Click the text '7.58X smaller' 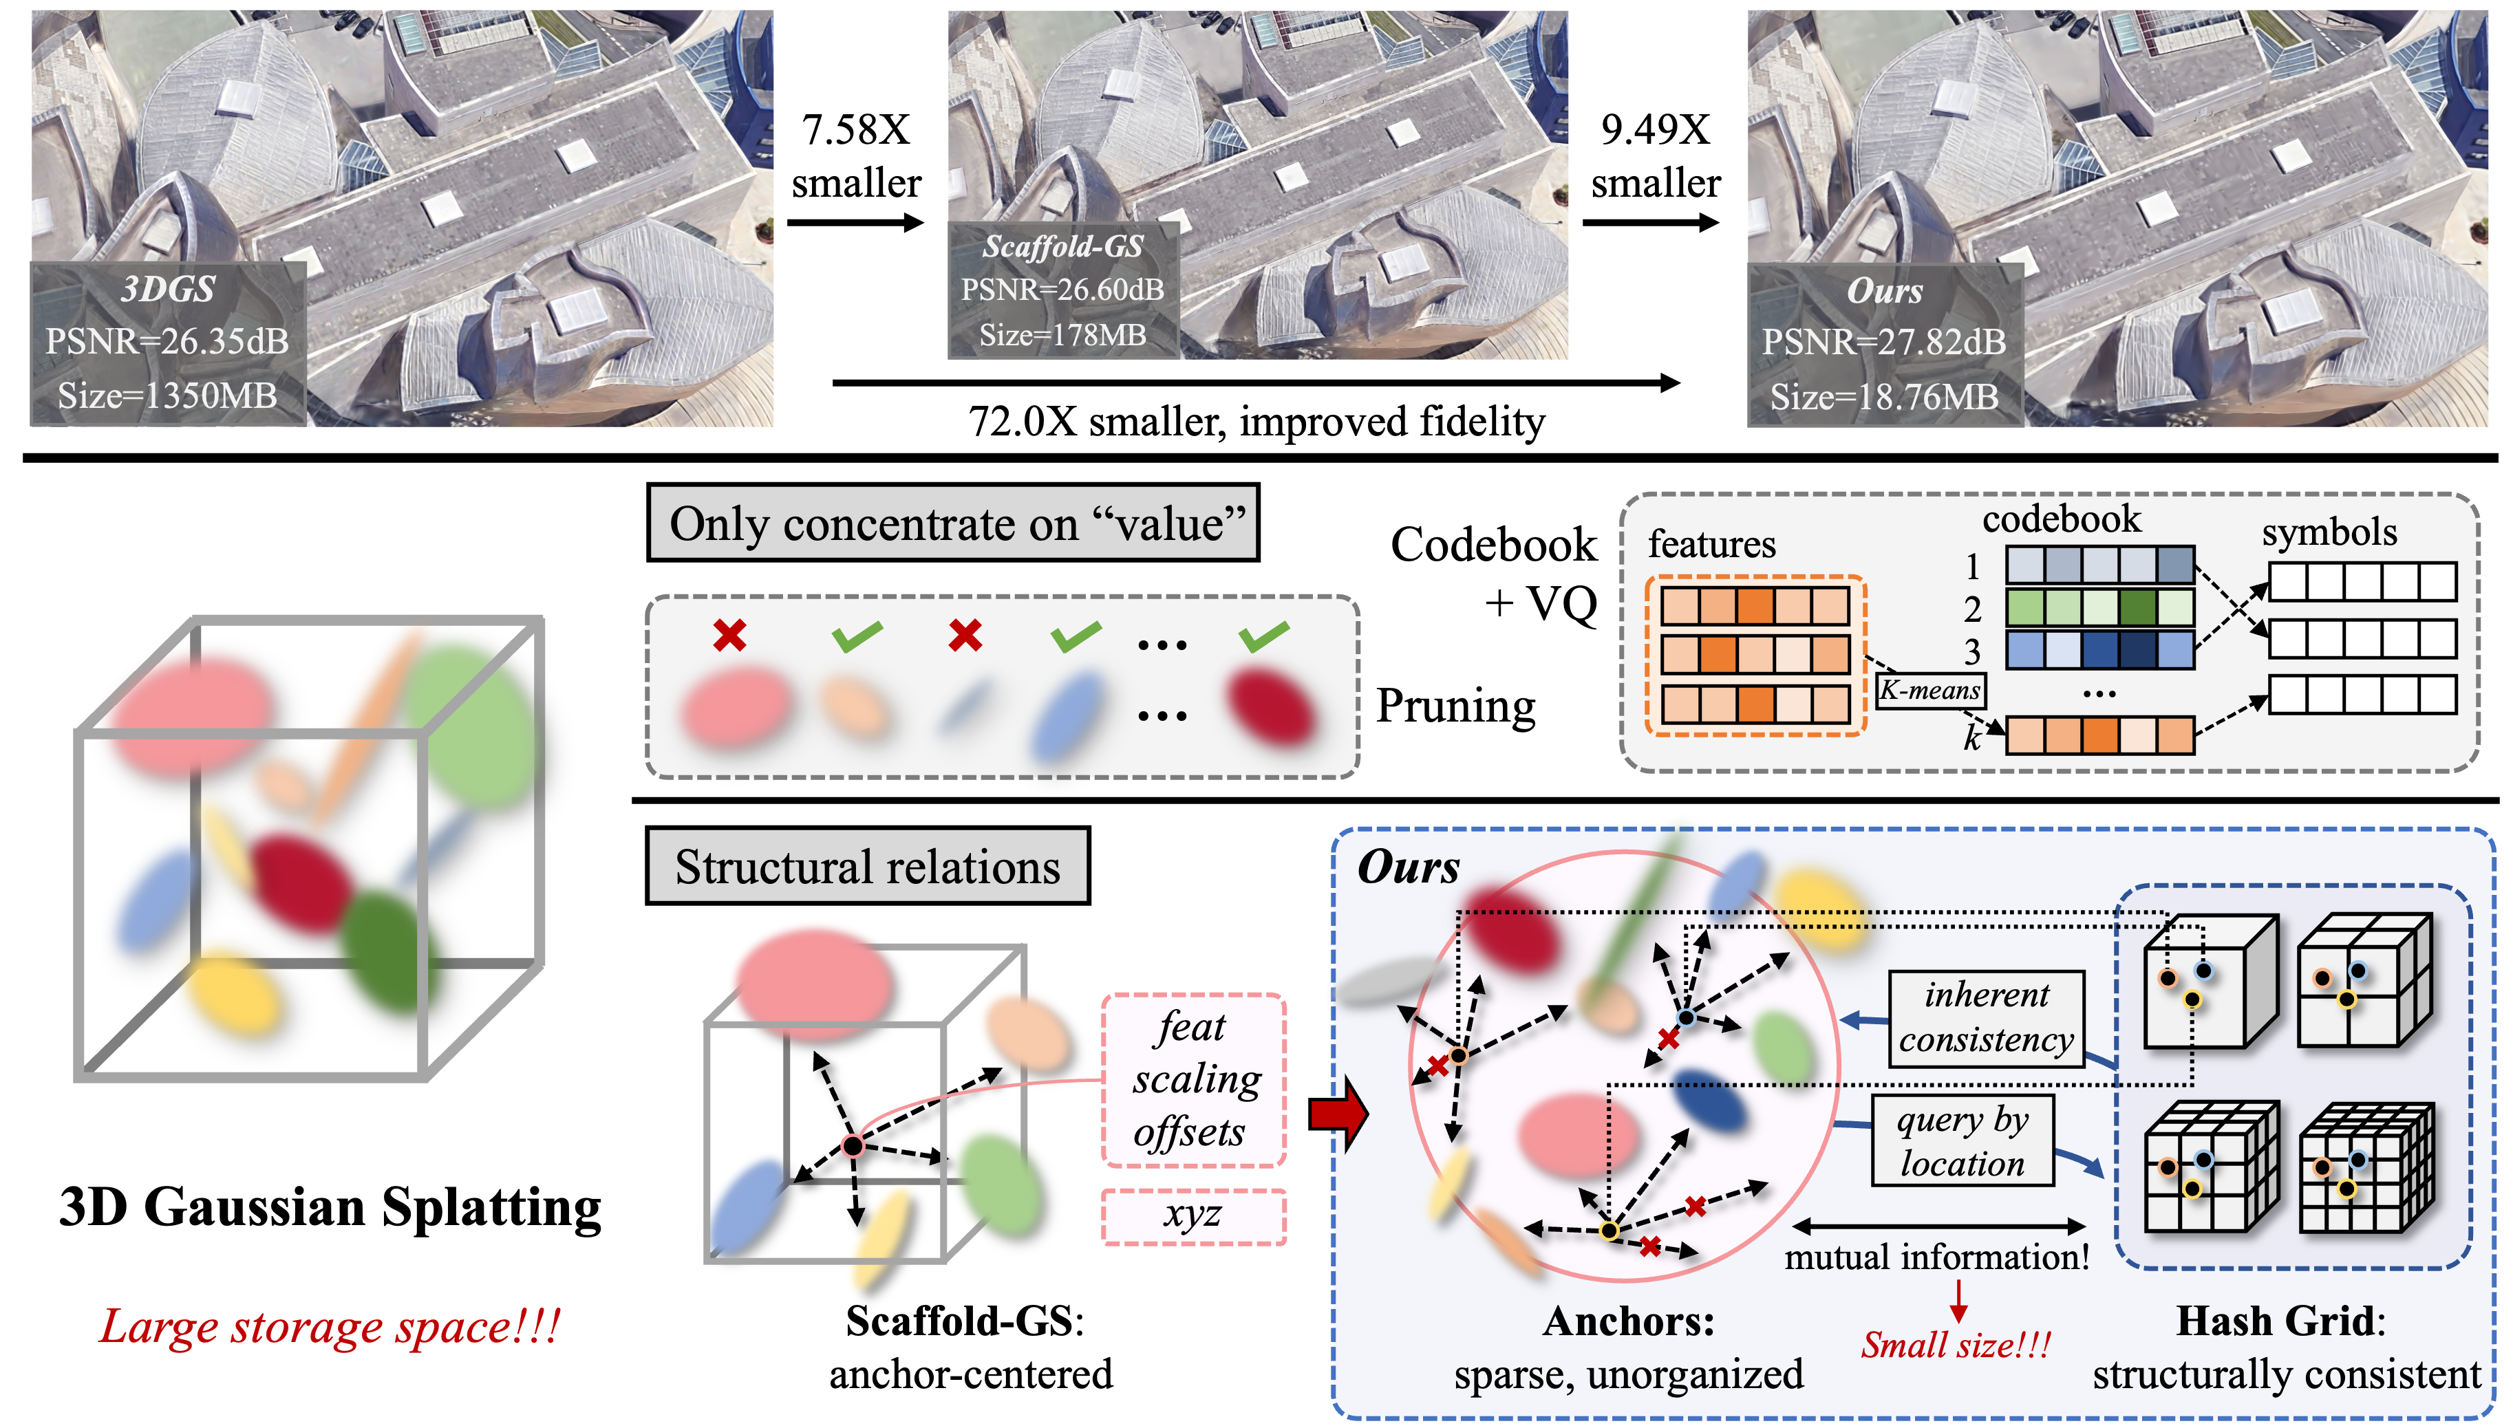(x=856, y=157)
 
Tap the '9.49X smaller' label (x=1655, y=157)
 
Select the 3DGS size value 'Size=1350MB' (x=167, y=396)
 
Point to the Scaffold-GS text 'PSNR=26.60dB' (x=1062, y=290)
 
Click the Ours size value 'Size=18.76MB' (x=1883, y=396)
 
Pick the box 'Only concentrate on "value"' (x=954, y=523)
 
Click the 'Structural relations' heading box (x=867, y=866)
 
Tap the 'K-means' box (x=1930, y=691)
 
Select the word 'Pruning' (x=1455, y=706)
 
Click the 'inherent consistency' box (x=1987, y=1017)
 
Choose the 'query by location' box (x=1962, y=1140)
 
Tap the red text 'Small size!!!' (x=1956, y=1343)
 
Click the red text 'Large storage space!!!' (x=330, y=1327)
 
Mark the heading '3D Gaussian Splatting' (x=330, y=1207)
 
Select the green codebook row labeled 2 (x=2099, y=607)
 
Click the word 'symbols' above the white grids (x=2329, y=532)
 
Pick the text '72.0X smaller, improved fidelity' (x=1256, y=422)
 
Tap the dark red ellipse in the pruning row (x=1270, y=704)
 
